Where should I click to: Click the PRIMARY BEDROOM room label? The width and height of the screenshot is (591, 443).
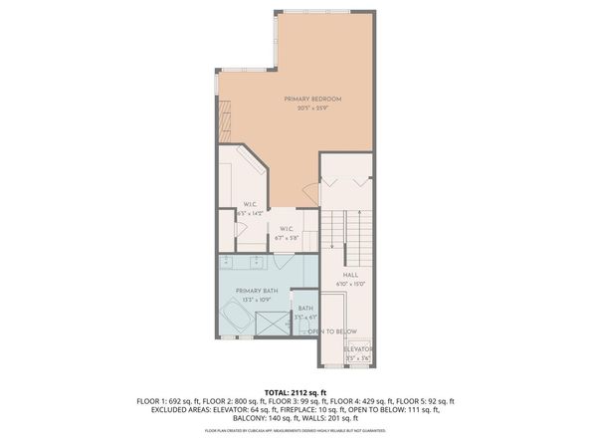tap(312, 99)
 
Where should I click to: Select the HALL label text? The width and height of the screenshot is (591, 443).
tap(350, 275)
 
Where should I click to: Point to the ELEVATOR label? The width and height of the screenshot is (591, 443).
tap(358, 350)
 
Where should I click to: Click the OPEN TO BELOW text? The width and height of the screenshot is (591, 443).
tap(332, 331)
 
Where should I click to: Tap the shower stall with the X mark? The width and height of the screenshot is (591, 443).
tap(270, 325)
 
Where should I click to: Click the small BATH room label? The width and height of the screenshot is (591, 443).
tap(305, 309)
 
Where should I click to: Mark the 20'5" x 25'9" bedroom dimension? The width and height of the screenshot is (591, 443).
tap(312, 108)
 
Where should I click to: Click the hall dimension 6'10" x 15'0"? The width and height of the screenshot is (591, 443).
tap(350, 284)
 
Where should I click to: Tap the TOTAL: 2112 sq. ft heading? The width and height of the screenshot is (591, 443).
tap(295, 392)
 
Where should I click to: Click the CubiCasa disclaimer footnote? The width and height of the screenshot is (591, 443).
tap(295, 431)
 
